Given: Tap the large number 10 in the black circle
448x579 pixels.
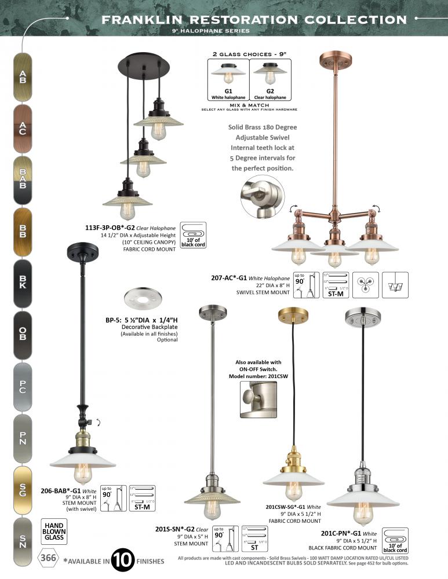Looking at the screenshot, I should point(122,560).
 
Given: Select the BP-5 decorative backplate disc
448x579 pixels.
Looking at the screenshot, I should point(141,301).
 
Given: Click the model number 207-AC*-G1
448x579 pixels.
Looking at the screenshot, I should point(228,278).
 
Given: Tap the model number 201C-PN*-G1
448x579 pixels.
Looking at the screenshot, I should point(342,533).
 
